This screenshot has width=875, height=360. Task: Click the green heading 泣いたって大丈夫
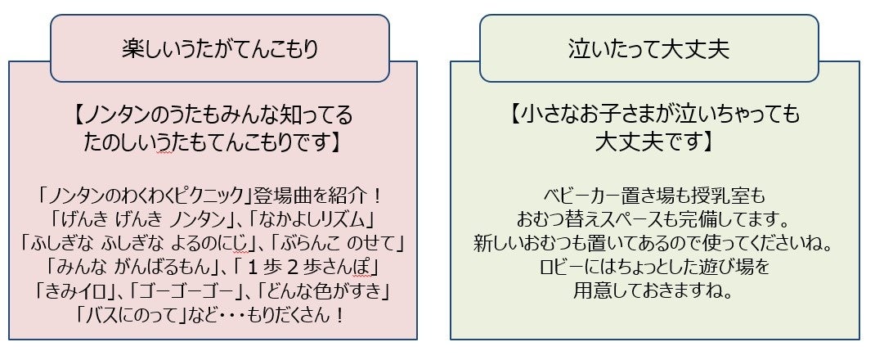648,50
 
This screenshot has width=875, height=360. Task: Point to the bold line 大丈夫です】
654,141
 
